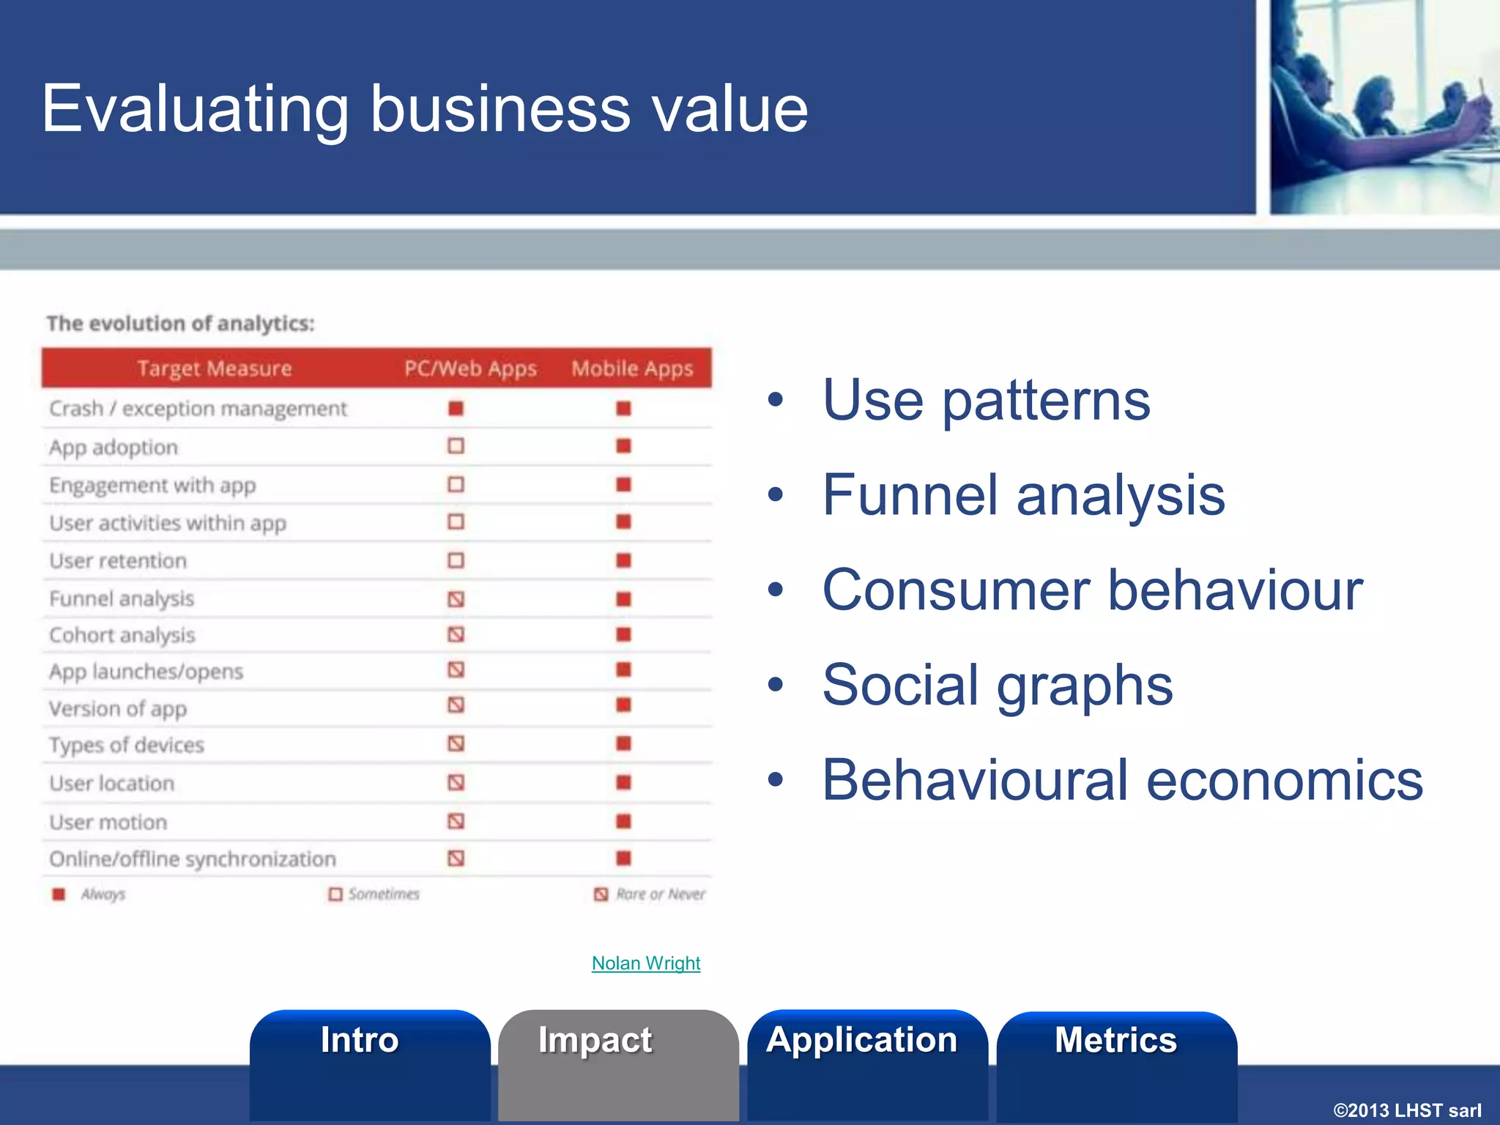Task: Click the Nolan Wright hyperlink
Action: click(645, 963)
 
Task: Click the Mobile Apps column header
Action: click(631, 368)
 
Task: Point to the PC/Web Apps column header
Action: click(470, 368)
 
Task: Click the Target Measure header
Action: click(214, 368)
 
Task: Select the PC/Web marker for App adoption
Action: click(456, 446)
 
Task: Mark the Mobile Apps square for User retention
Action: click(623, 560)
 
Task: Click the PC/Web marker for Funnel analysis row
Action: click(456, 599)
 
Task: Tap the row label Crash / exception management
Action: click(198, 409)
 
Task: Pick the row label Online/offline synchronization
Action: click(193, 859)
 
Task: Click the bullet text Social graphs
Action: click(997, 685)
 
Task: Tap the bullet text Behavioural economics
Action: click(1122, 780)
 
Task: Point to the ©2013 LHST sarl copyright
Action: click(1406, 1110)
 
